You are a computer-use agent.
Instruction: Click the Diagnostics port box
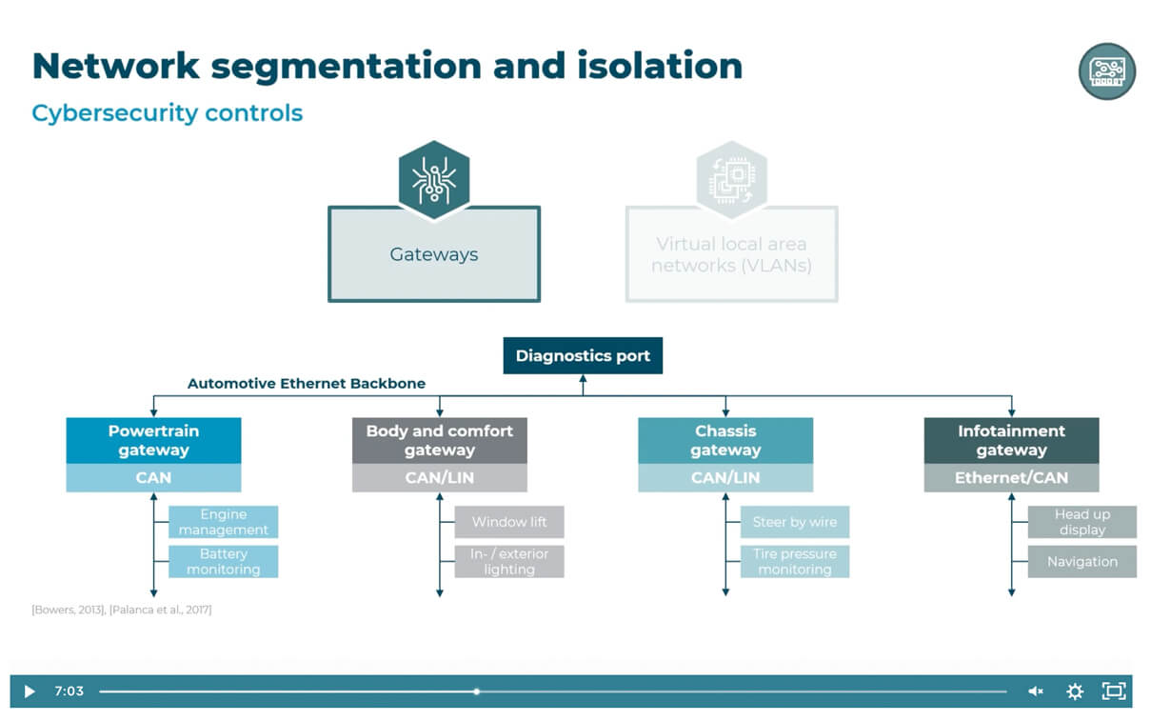coord(583,356)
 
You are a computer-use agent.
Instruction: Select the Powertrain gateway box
coord(153,440)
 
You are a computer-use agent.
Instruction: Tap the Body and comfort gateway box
coord(439,440)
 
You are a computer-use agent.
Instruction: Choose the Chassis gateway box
coord(725,440)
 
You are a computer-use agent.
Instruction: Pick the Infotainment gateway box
coord(1011,440)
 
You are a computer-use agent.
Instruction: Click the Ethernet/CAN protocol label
coord(1011,478)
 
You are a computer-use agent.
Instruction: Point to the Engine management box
coord(224,522)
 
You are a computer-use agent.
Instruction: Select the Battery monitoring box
coord(224,561)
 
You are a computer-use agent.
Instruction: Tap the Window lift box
coord(509,522)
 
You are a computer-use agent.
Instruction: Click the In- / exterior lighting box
coord(509,561)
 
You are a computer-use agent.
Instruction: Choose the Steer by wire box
coord(795,522)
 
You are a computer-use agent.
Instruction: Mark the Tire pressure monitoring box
coord(795,561)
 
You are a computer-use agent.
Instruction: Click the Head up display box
coord(1082,522)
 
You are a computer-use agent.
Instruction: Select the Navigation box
coord(1082,561)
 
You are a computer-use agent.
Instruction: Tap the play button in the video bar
coord(29,691)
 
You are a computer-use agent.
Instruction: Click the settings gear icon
coord(1075,691)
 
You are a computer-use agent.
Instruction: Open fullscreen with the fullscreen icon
coord(1113,691)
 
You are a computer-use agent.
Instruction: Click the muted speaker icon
coord(1036,691)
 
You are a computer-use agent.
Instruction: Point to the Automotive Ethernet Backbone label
coord(307,384)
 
